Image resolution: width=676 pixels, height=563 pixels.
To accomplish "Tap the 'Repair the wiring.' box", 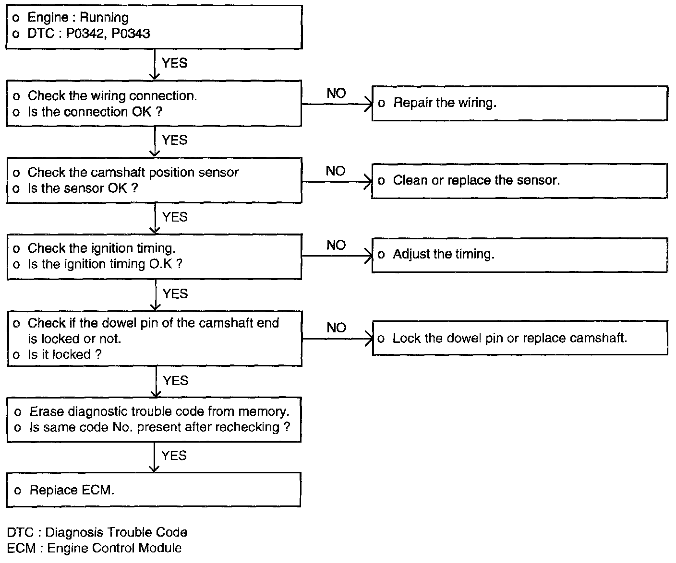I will click(x=519, y=103).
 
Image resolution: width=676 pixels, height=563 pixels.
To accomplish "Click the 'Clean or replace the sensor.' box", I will click(x=519, y=181).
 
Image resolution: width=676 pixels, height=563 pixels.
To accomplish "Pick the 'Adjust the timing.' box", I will click(x=519, y=255).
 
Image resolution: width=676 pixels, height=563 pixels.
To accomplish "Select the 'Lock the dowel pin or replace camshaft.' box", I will click(x=519, y=338).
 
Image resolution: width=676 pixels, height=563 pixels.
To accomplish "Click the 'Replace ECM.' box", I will click(x=154, y=490).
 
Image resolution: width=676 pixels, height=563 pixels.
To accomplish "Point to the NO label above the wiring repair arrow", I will click(x=336, y=94).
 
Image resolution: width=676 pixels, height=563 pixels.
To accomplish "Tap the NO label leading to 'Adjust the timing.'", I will click(x=336, y=246).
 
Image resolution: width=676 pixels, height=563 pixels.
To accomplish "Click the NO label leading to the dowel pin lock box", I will click(x=336, y=328).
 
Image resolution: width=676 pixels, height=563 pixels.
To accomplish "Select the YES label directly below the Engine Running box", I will click(x=174, y=63).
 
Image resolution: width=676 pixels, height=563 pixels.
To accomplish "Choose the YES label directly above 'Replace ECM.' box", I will click(x=174, y=456).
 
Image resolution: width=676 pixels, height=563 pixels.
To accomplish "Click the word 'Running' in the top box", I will click(x=104, y=18).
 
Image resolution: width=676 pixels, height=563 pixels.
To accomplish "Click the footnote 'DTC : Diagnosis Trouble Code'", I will click(x=97, y=532).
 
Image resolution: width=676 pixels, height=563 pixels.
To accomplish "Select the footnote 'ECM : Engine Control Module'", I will click(x=94, y=548).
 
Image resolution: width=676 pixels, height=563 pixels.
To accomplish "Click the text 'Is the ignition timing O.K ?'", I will click(x=105, y=264).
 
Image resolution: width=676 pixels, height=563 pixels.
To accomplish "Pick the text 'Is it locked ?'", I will click(x=64, y=354).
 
